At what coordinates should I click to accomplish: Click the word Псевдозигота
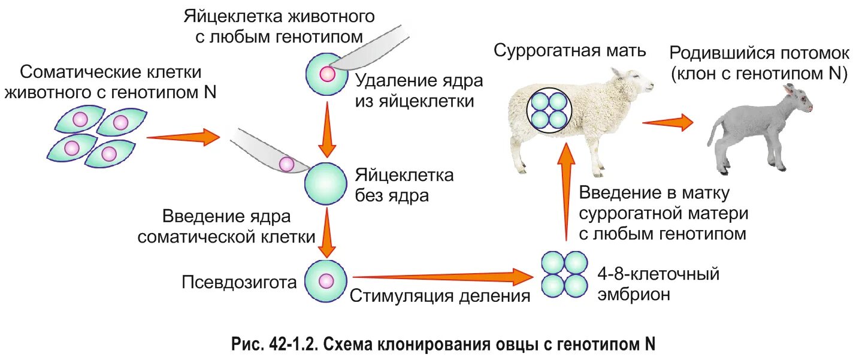coord(239,282)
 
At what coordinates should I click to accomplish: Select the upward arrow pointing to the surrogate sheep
coord(564,192)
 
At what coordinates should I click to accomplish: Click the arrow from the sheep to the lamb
coord(667,123)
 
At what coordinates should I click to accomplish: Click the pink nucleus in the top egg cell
coord(327,74)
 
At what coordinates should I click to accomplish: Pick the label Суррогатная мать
coord(569,50)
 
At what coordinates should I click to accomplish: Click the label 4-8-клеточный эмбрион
coord(657,285)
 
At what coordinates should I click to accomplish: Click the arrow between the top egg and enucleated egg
coord(326,128)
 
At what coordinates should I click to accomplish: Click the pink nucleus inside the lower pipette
coord(287,163)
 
